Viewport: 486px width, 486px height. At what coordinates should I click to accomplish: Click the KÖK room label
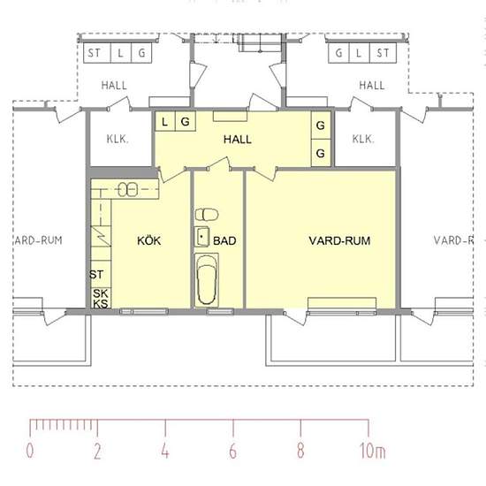149,240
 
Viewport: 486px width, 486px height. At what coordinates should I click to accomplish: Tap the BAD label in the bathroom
224,241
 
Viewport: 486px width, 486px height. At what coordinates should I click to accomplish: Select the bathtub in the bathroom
207,280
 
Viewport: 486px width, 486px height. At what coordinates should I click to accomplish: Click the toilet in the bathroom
207,215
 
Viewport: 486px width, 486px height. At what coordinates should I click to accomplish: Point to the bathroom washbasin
201,237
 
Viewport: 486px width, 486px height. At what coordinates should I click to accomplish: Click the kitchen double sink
128,189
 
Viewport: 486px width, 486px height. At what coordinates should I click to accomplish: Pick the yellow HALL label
238,140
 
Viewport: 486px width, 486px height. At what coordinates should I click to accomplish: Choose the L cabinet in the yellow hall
165,121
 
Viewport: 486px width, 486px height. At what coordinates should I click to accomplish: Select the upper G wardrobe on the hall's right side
321,125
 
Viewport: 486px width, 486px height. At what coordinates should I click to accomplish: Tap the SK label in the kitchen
101,293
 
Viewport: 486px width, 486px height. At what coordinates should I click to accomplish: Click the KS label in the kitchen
101,304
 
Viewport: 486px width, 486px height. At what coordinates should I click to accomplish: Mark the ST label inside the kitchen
96,274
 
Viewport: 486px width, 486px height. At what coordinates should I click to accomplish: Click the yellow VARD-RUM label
339,241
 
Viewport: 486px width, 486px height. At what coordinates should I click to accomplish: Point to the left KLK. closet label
118,139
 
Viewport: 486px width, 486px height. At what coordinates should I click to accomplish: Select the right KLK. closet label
363,139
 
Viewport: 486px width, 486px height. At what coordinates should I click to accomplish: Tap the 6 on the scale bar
233,451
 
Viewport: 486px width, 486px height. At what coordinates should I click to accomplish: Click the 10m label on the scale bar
372,451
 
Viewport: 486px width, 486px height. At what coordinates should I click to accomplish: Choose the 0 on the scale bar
30,451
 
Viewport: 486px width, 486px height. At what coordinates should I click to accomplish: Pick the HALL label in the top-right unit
372,85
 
